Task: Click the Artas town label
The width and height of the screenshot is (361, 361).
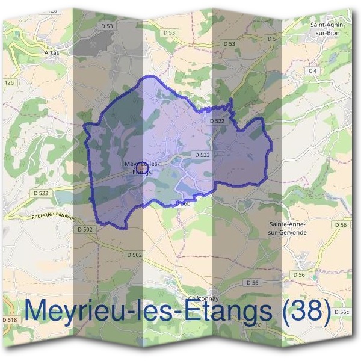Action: click(52, 52)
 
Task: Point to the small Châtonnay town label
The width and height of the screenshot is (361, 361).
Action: click(202, 298)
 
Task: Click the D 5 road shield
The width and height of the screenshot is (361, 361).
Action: click(272, 39)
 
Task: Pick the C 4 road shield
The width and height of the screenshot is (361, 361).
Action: click(312, 70)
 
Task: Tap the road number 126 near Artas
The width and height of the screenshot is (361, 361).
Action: click(8, 82)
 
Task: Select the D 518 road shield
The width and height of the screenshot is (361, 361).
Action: click(10, 319)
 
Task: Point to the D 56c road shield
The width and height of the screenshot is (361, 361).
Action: click(341, 312)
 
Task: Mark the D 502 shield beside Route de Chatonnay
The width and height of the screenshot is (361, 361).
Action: click(86, 229)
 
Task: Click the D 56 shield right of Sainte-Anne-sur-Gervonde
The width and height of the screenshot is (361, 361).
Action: click(341, 224)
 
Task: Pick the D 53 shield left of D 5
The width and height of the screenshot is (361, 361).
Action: click(229, 43)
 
